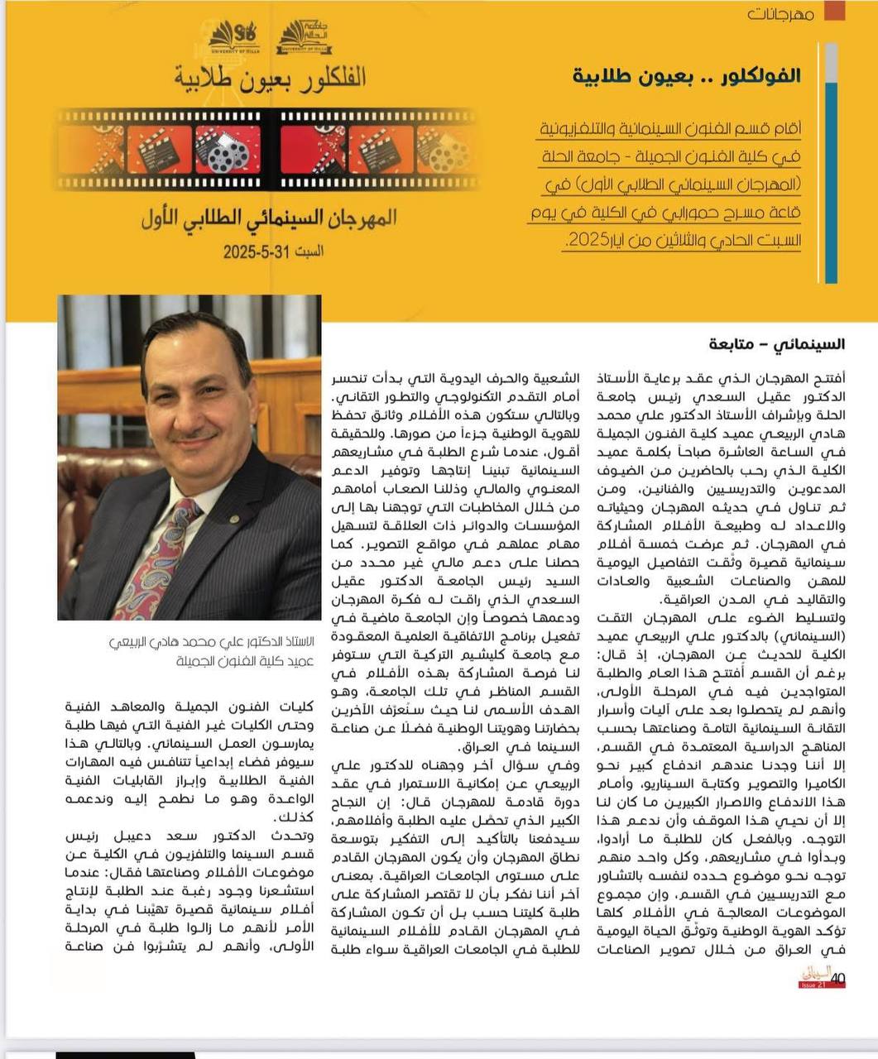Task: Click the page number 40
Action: (x=837, y=977)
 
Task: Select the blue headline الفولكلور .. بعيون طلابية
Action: (x=687, y=75)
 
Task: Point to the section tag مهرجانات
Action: (x=780, y=14)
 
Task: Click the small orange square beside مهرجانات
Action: (x=835, y=10)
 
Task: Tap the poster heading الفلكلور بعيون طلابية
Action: (x=271, y=77)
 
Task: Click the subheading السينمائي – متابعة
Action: (x=776, y=343)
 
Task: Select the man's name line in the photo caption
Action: (x=212, y=641)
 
